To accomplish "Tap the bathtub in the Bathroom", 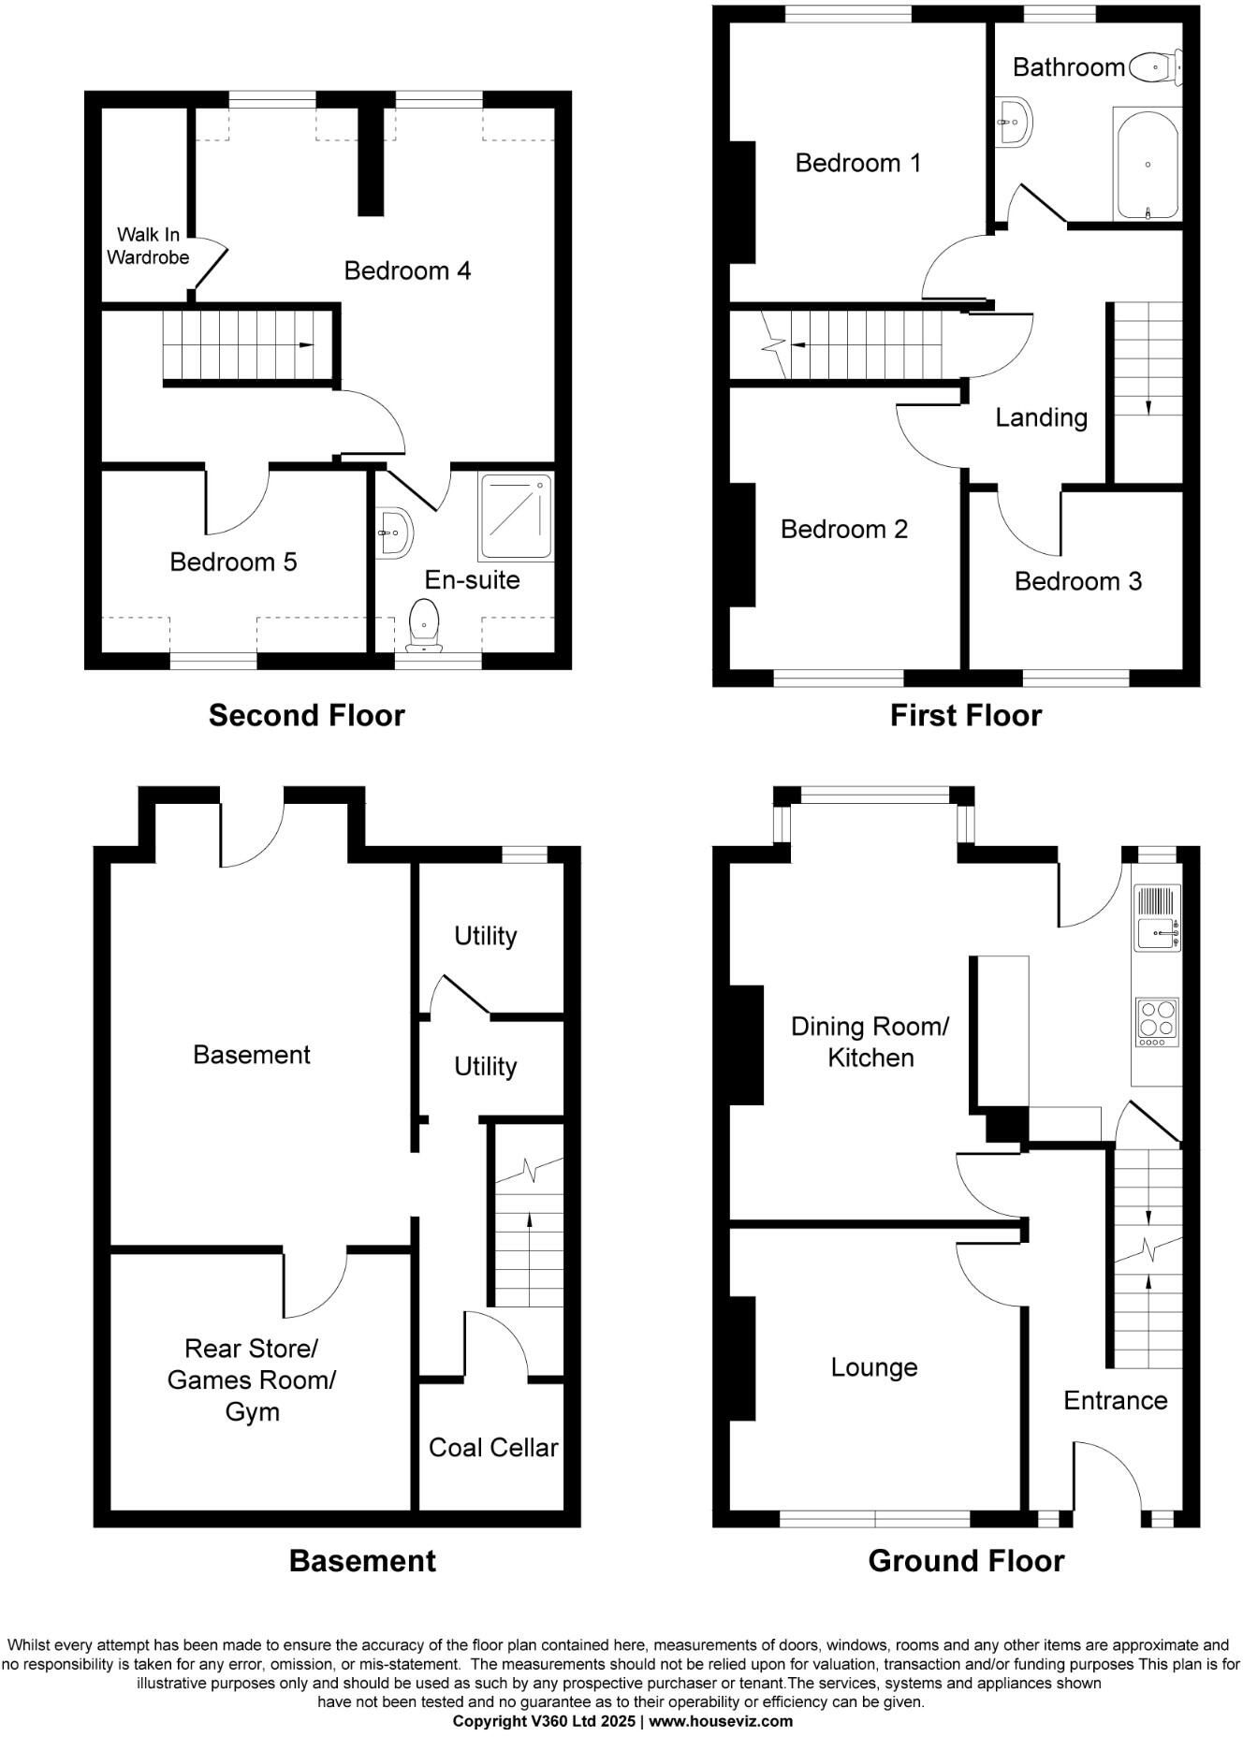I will [x=1148, y=165].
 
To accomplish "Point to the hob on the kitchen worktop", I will [x=1157, y=1023].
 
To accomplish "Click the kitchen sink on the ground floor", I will [x=1157, y=933].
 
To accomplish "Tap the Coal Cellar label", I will [x=493, y=1448].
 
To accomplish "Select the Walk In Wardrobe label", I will [x=148, y=246].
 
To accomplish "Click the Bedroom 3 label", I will [x=1078, y=581].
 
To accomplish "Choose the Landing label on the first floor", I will [x=1041, y=417].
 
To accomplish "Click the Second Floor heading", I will [x=306, y=715].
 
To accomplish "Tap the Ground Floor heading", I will [x=966, y=1561].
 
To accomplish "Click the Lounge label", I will [x=873, y=1367].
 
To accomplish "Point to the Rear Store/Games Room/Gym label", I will [x=251, y=1379].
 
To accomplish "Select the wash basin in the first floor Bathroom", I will [x=1013, y=122].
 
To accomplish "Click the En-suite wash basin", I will [x=394, y=533].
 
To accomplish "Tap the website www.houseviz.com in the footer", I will [x=721, y=1721].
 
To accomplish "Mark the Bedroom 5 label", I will [x=233, y=562].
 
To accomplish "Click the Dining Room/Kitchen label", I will [x=870, y=1042].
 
